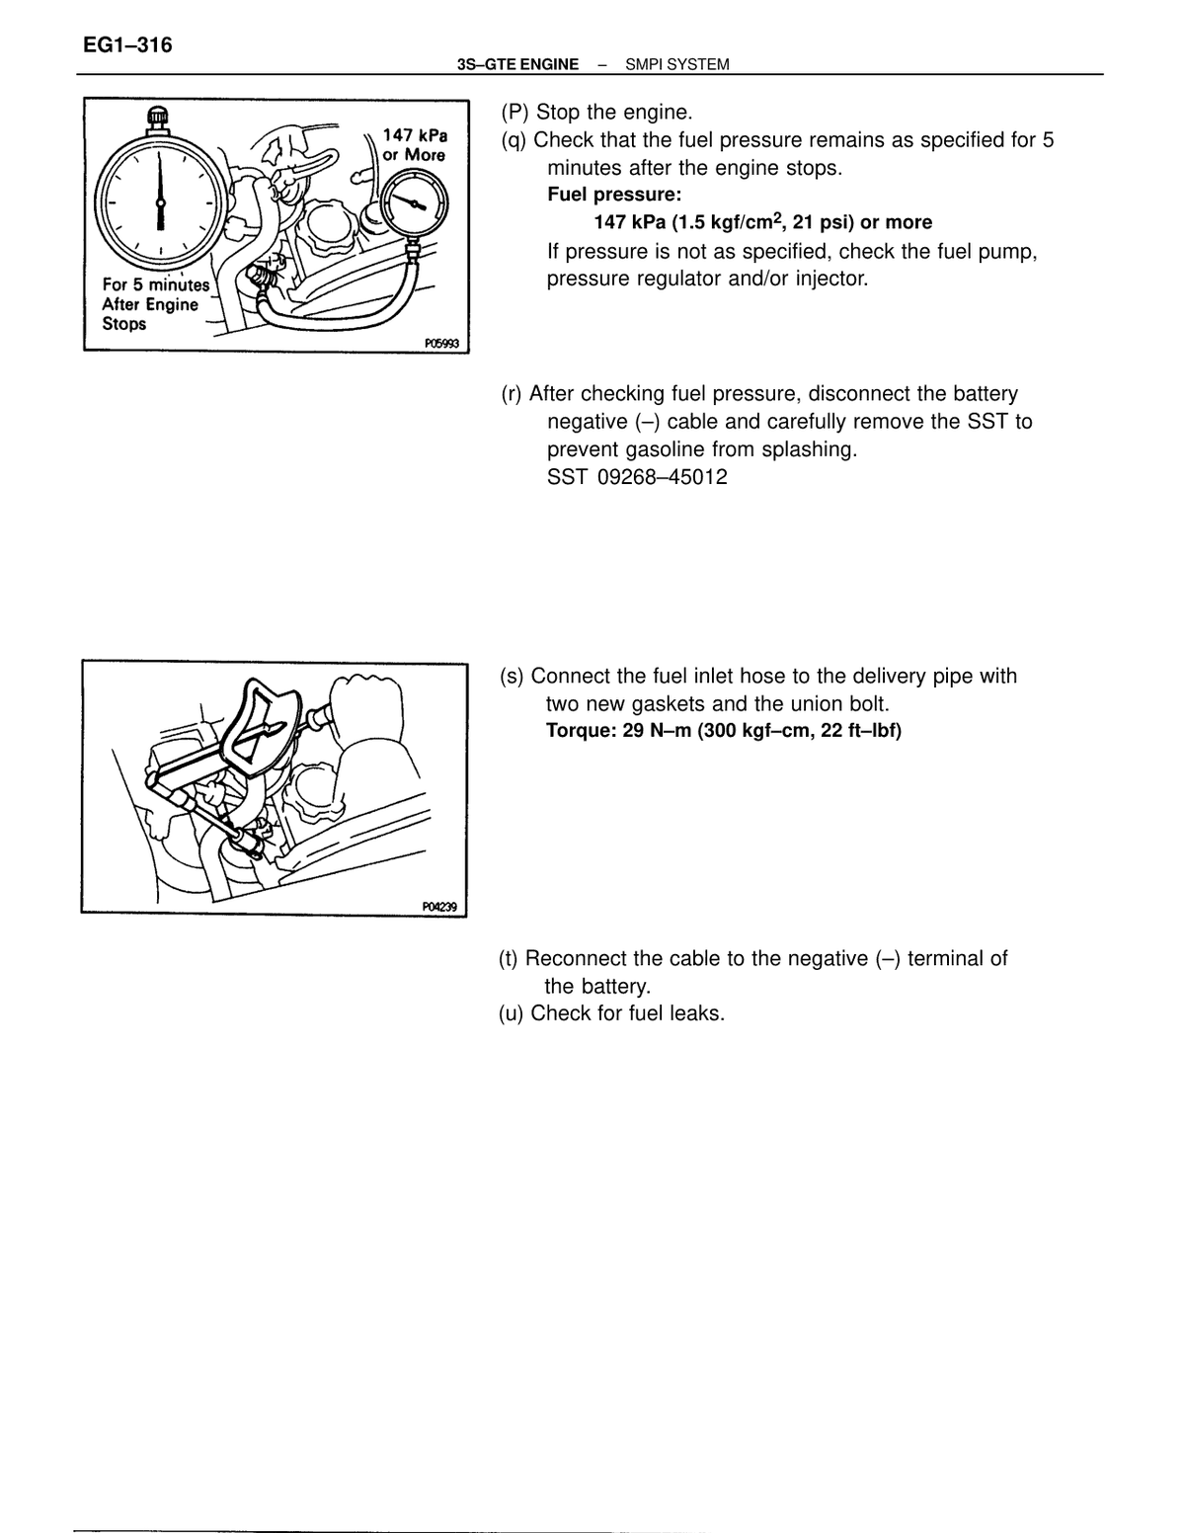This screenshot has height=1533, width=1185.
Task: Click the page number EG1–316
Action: coord(127,45)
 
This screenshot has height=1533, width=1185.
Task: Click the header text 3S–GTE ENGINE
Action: coord(517,65)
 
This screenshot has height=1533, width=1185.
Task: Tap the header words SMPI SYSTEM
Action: coord(676,65)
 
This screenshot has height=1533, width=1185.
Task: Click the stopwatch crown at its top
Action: coord(159,116)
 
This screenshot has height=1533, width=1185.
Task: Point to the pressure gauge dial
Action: coord(415,204)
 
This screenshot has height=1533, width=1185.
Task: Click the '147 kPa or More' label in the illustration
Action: coord(415,144)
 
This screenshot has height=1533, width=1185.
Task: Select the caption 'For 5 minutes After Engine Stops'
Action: coord(156,304)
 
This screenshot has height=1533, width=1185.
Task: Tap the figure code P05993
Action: coord(441,344)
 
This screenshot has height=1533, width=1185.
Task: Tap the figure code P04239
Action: coord(439,907)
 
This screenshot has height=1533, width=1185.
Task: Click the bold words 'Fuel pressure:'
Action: coord(614,194)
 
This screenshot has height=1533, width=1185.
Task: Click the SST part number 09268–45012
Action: coord(662,477)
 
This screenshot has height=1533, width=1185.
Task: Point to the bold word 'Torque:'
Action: coord(582,730)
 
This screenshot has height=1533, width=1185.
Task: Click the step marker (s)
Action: coord(512,676)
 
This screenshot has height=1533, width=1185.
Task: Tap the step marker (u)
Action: coord(511,1013)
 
